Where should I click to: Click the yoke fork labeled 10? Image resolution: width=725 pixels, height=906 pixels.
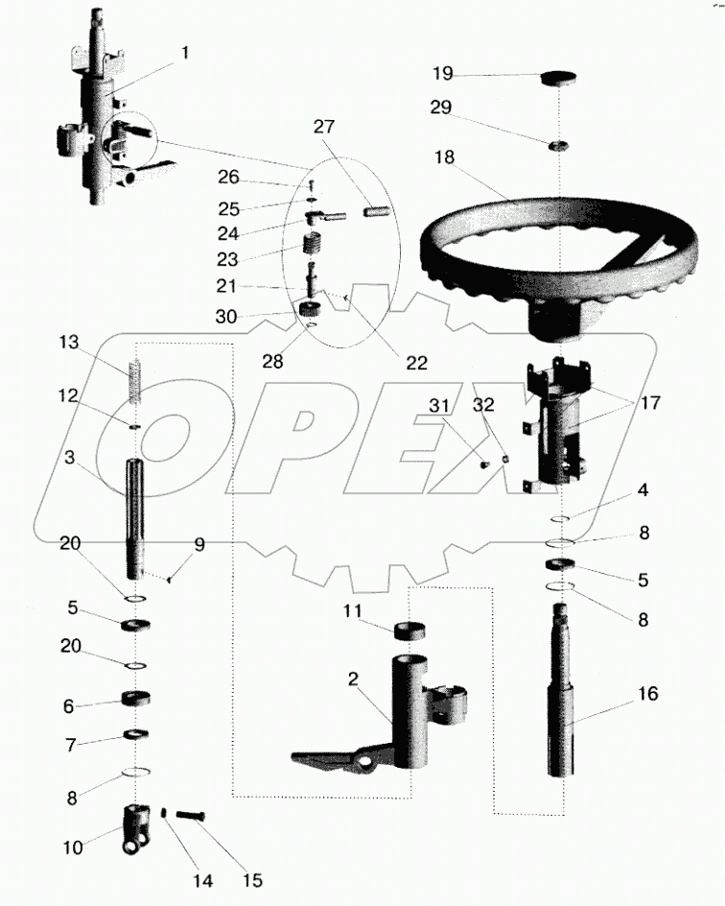tap(134, 830)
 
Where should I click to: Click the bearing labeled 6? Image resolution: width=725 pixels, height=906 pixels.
tap(136, 699)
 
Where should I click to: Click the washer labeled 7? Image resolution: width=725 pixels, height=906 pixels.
tap(135, 736)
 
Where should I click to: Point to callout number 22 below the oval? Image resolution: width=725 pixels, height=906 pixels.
tap(416, 363)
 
